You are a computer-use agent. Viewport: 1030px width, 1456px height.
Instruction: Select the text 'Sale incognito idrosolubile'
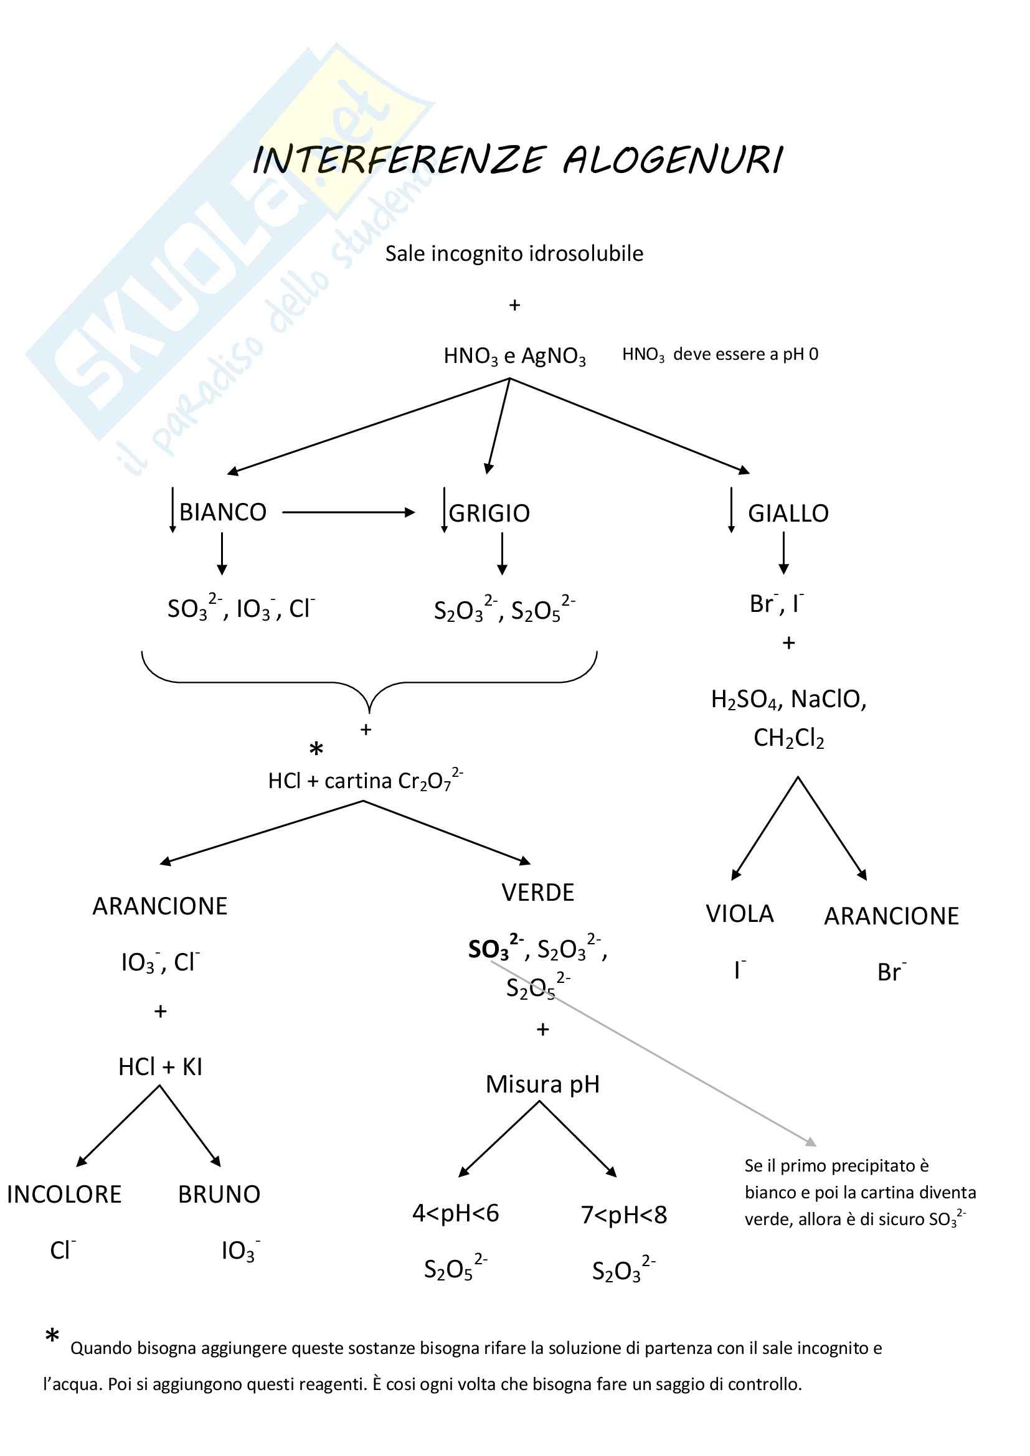point(514,253)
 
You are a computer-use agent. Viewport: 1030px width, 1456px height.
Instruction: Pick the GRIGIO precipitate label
point(489,513)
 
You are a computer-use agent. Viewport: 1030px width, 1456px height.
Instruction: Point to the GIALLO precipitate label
point(788,513)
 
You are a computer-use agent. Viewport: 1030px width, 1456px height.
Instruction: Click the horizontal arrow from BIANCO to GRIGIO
point(347,512)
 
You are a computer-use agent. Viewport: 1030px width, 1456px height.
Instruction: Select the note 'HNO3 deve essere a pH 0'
point(720,354)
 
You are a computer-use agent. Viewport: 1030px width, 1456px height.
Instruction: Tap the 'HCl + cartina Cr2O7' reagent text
point(365,781)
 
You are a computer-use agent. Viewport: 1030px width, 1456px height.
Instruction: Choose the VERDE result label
point(538,893)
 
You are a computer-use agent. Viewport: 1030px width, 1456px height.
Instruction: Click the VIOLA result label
point(740,914)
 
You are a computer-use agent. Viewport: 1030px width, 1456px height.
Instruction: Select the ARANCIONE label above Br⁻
point(891,916)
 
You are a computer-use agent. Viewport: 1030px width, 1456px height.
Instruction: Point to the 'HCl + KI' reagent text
point(160,1068)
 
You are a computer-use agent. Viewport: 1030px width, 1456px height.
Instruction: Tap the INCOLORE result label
point(64,1195)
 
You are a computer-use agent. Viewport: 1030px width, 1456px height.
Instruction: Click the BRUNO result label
point(219,1195)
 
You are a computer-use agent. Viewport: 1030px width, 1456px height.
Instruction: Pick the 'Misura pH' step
point(542,1084)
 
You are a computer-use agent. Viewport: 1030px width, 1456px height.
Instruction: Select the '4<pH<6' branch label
point(455,1214)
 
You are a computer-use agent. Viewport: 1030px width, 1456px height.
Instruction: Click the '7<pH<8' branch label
point(624,1215)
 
